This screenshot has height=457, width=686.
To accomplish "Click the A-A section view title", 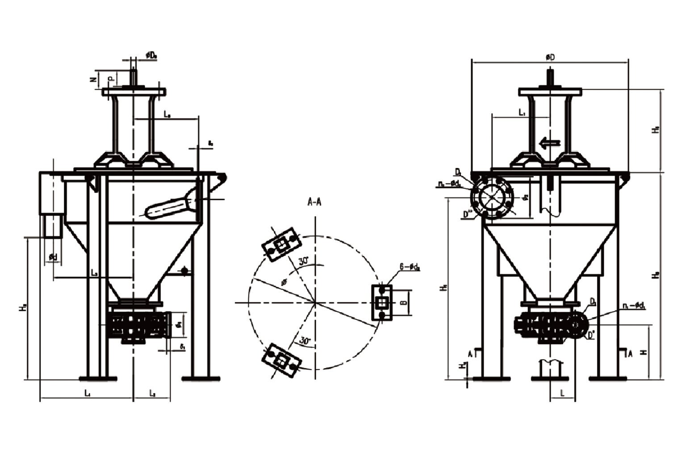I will click(314, 202).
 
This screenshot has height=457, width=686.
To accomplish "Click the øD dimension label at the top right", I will click(550, 57).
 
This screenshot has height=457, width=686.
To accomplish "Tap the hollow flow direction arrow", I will click(549, 143).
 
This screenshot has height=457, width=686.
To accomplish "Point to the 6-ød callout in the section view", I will click(410, 268).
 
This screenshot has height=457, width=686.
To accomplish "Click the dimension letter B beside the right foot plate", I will click(404, 303).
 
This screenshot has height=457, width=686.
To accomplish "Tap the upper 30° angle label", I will click(305, 262).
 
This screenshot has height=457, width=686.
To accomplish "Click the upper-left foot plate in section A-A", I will click(282, 244).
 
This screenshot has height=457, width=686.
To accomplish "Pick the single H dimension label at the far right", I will click(644, 352).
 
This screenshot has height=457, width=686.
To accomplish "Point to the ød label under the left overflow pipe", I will click(53, 257).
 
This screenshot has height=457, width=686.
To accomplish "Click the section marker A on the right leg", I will click(630, 353).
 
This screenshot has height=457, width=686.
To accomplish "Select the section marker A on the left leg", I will click(470, 353).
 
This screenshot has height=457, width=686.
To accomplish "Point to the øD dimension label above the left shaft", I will click(151, 55).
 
